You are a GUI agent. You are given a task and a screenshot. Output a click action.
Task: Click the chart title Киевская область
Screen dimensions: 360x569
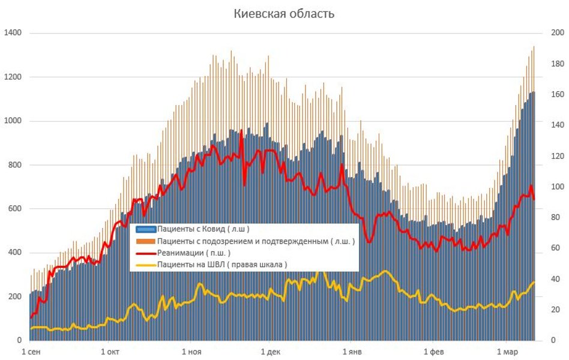(x=284, y=14)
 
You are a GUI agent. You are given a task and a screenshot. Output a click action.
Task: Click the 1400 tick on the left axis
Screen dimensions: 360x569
(x=12, y=32)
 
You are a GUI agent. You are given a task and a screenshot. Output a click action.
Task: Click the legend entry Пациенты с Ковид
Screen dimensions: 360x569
(x=203, y=229)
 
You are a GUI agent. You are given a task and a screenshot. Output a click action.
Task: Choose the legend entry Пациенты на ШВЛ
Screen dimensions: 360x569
(x=222, y=265)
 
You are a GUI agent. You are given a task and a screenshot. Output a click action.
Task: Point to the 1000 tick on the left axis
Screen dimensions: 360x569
(x=12, y=121)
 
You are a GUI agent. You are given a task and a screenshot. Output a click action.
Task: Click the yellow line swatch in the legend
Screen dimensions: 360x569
(x=146, y=265)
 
